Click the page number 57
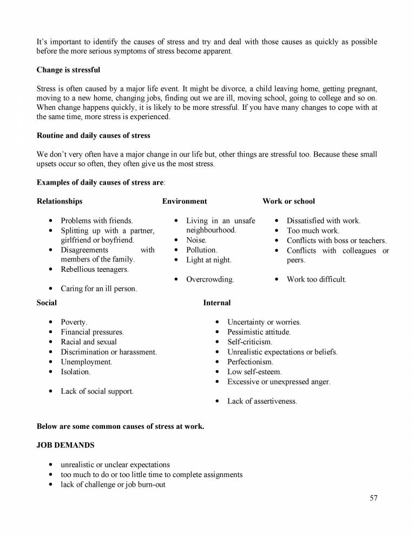click(x=373, y=498)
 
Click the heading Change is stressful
click(x=68, y=70)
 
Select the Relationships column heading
click(x=60, y=201)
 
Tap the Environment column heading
click(x=185, y=201)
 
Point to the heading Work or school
click(x=288, y=201)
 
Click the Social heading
click(x=47, y=303)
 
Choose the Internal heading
click(x=216, y=303)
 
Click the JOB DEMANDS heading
click(x=65, y=445)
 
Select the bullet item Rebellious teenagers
click(x=95, y=269)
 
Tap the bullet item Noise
click(x=196, y=240)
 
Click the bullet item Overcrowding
click(x=210, y=279)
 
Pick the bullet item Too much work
click(x=313, y=231)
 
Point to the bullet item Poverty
click(x=74, y=322)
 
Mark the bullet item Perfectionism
click(x=250, y=362)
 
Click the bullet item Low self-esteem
click(x=254, y=372)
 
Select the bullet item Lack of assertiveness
click(x=262, y=401)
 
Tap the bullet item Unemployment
click(x=87, y=362)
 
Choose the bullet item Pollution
click(x=201, y=250)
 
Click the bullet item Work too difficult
click(x=316, y=279)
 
